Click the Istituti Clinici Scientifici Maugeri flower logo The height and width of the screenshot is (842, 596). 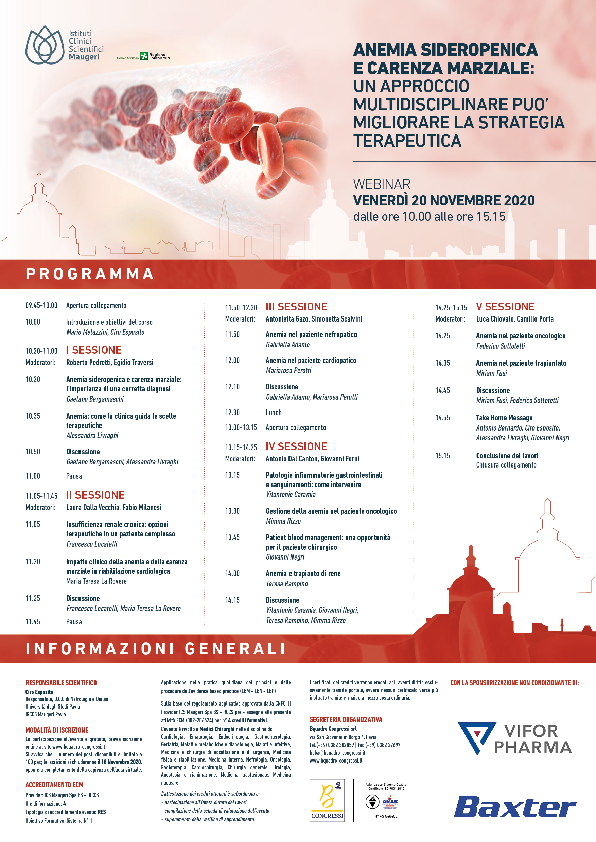pos(45,45)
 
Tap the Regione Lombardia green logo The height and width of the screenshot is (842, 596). pos(144,56)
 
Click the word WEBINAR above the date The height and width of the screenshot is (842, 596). pos(382,184)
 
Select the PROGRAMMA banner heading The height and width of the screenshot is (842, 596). pos(90,274)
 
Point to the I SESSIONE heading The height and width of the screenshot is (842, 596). pos(94,350)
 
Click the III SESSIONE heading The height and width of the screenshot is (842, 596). pos(296,307)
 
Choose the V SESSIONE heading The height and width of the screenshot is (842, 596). pos(505,307)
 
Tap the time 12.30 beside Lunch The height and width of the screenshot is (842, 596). pos(232,413)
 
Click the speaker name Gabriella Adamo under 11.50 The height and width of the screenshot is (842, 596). pos(288,345)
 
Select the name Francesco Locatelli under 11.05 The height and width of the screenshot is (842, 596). pos(92,544)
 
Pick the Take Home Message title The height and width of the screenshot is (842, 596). pos(504,418)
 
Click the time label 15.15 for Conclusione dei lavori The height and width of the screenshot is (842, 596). pos(443,456)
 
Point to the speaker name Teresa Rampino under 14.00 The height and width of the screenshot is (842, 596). pos(287,584)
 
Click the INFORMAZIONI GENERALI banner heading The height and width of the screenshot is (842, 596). pos(156,648)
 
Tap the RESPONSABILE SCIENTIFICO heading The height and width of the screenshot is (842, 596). pos(61,683)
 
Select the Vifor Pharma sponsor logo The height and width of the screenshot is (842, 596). pos(514,738)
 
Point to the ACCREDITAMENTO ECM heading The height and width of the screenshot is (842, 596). pos(54,785)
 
